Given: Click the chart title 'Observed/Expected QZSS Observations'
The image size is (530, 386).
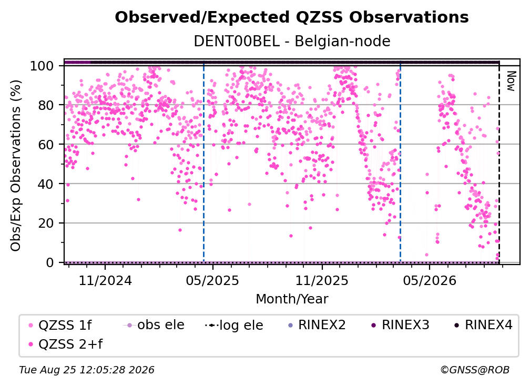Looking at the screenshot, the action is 292,17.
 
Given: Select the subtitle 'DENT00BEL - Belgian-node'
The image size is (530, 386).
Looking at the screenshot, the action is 292,41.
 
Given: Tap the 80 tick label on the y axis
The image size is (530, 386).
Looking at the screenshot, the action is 46,105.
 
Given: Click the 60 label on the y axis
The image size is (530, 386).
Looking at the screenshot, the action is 46,144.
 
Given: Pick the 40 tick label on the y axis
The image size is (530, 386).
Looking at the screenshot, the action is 46,184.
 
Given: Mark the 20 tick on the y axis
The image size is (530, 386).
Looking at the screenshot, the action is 46,223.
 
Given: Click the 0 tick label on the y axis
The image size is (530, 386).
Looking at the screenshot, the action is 49,262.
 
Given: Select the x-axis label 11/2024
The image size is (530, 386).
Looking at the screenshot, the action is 105,280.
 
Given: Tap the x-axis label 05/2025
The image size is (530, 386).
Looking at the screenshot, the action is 212,280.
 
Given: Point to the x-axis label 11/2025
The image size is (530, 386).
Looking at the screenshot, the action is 322,280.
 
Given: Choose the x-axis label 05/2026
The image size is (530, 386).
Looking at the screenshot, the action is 429,280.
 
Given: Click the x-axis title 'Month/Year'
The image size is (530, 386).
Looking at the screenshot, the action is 292,299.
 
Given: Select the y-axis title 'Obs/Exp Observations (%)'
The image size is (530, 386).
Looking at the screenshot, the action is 16,166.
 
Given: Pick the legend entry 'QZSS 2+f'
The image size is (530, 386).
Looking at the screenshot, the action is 65,344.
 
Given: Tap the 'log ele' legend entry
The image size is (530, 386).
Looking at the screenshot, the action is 234,325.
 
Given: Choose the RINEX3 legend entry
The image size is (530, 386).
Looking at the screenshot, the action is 400,325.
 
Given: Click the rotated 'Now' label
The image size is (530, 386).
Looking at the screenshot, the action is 511,81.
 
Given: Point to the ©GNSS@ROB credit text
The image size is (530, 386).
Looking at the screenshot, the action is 475,370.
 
